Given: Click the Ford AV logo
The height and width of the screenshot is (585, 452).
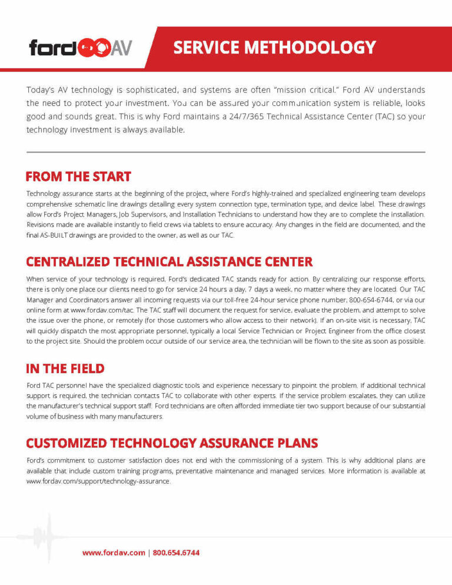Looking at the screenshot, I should [81, 47].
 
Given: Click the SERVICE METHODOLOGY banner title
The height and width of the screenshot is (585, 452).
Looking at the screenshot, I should [274, 47].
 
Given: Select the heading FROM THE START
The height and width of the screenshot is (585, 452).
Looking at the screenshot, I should [78, 177].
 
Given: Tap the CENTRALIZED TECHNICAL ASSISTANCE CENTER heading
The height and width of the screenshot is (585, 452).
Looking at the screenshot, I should [169, 262].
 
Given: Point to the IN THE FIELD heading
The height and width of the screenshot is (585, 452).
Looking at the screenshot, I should [65, 369].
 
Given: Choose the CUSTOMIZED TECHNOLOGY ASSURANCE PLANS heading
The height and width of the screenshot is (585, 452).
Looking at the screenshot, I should [172, 443].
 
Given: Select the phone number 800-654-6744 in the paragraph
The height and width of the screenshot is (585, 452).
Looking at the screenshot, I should [374, 299].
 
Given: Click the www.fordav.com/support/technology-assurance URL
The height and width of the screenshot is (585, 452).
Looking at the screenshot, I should [98, 481].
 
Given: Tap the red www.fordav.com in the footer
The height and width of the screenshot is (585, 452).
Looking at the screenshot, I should [114, 553].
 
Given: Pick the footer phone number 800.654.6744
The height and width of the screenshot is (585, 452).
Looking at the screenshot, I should [176, 553].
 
